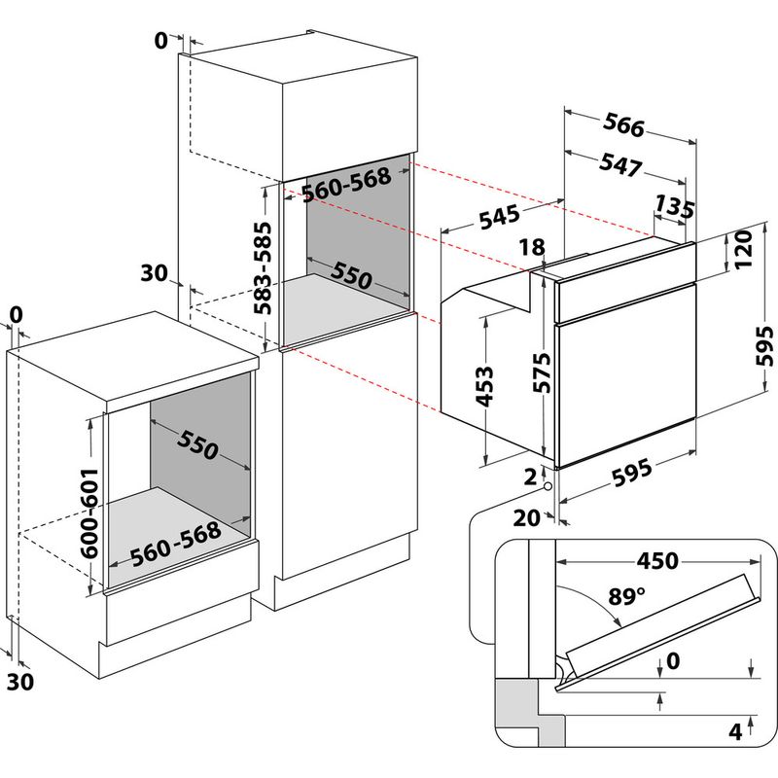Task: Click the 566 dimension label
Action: [x=624, y=125]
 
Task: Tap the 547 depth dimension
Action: [x=620, y=165]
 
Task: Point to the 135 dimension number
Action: [x=674, y=207]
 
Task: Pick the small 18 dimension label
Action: [x=532, y=248]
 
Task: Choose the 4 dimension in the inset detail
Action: [x=736, y=729]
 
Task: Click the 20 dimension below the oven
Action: [x=526, y=518]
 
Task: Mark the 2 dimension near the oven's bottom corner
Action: [x=529, y=477]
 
